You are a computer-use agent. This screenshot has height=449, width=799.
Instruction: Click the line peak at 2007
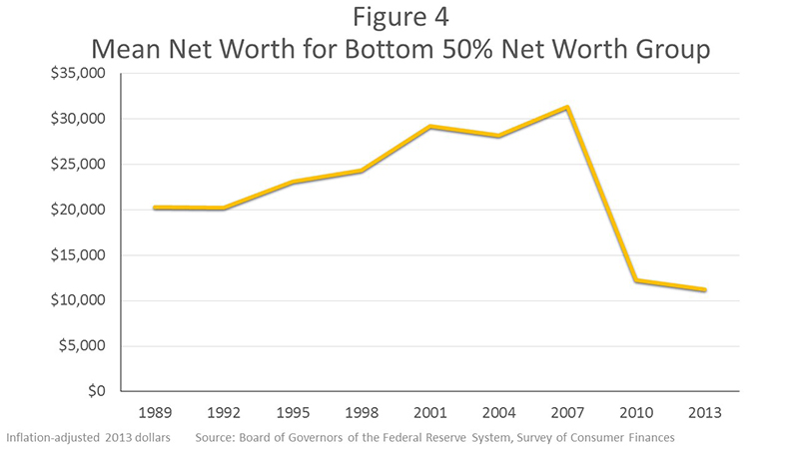[x=567, y=107]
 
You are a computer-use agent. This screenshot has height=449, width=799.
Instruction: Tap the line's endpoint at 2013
[x=706, y=290]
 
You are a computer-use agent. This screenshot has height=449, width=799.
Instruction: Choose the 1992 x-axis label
[x=223, y=411]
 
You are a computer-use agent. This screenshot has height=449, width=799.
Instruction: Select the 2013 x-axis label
[x=706, y=411]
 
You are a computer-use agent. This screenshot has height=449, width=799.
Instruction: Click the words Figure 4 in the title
[x=399, y=19]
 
